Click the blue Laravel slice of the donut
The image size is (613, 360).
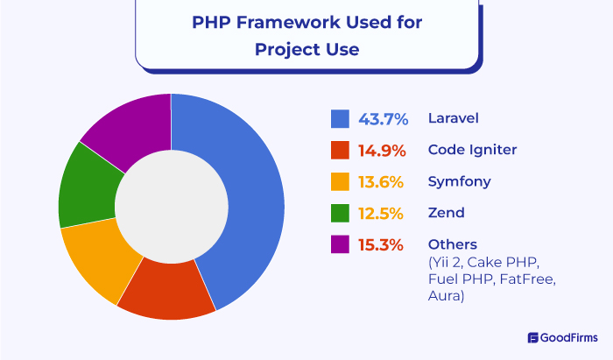[x=250, y=201]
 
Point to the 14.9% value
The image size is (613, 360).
[x=381, y=150]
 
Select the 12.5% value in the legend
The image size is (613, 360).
[x=381, y=213]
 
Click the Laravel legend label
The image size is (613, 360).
[x=452, y=118]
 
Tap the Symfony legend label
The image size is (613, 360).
[x=459, y=182]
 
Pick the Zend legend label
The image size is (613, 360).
[x=446, y=213]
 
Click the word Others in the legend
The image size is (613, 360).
[x=450, y=244]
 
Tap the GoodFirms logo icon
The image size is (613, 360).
[x=533, y=337]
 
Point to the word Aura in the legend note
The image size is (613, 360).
[x=446, y=298]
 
